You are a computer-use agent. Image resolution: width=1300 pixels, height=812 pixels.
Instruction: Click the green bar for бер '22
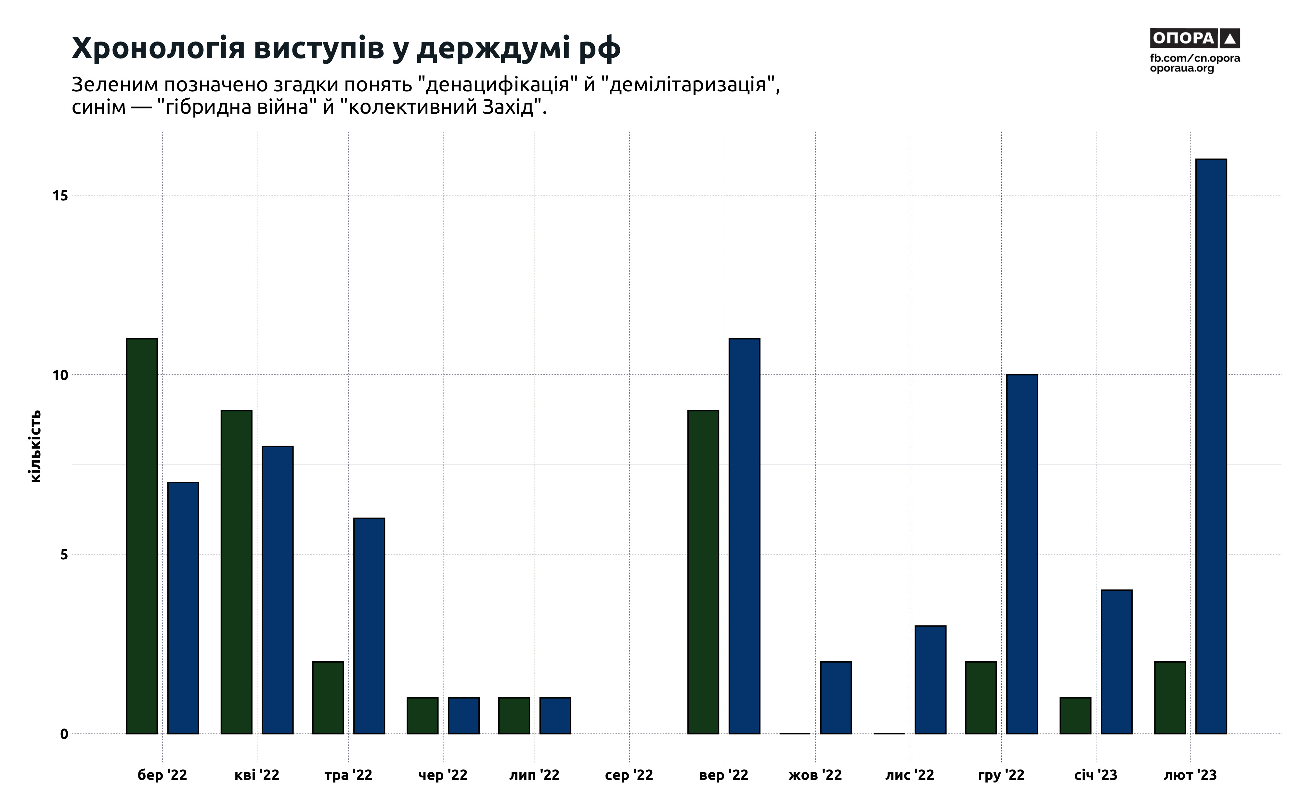(x=142, y=536)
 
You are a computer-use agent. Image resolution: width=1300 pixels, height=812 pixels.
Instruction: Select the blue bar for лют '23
(x=1211, y=446)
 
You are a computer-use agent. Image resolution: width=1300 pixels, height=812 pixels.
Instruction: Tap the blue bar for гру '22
(x=1022, y=554)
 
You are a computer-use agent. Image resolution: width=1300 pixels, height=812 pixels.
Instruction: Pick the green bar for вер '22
(x=703, y=572)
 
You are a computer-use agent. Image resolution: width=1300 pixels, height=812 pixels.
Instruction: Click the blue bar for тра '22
(x=369, y=626)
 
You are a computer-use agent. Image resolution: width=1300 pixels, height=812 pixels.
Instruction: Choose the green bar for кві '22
(x=236, y=572)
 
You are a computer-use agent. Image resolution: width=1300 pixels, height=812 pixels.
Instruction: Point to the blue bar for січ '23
(x=1116, y=662)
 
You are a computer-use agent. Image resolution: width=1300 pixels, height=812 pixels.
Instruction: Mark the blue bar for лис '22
(x=930, y=679)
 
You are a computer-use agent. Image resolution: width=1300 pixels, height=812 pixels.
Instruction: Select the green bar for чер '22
(x=422, y=715)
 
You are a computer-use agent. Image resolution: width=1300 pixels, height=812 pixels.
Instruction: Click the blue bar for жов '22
(x=836, y=698)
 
